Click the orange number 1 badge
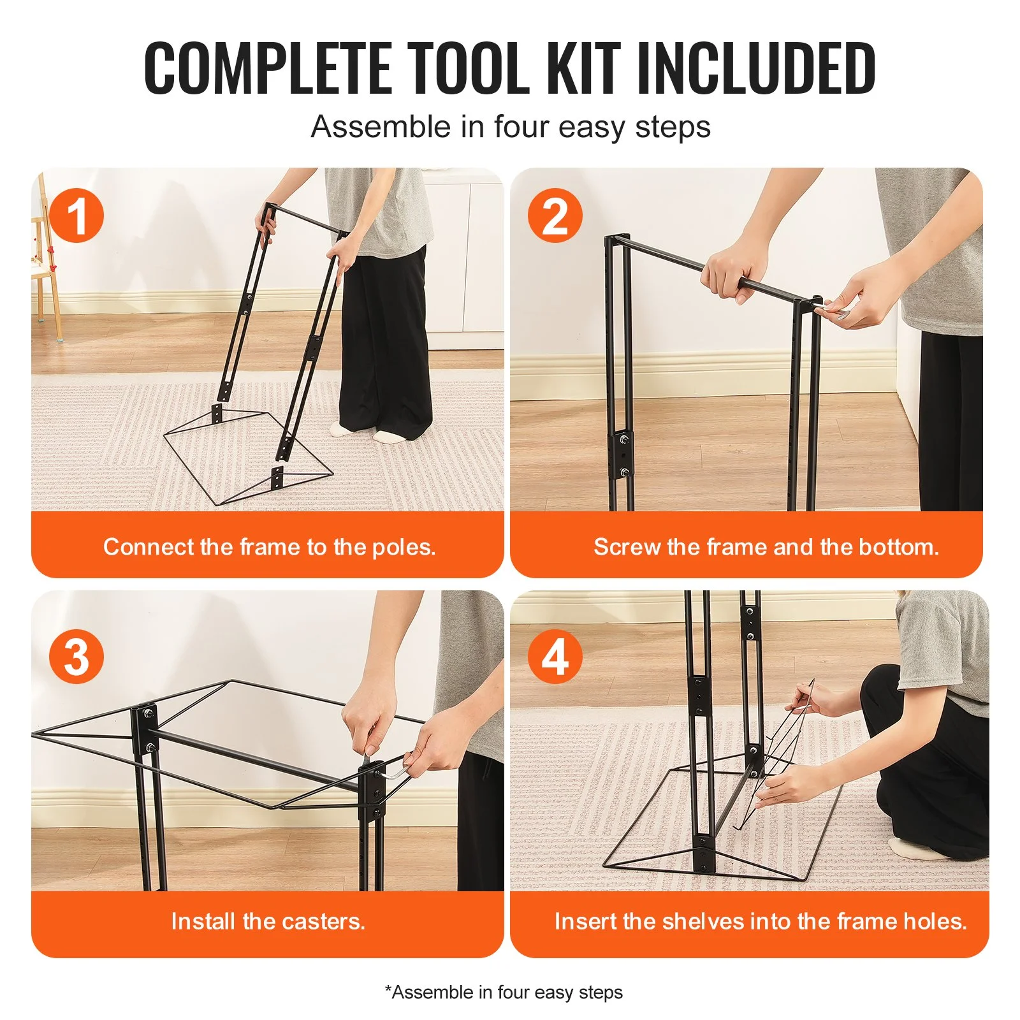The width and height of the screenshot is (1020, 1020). (x=76, y=215)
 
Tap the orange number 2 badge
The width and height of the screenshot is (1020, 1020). (x=555, y=215)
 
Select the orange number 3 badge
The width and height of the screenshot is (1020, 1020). (x=76, y=657)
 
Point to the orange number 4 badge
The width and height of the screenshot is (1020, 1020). (x=555, y=657)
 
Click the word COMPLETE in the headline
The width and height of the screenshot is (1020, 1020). (x=268, y=68)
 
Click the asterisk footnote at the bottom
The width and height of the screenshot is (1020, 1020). (x=504, y=992)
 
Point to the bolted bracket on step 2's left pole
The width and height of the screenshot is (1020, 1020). (x=623, y=455)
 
